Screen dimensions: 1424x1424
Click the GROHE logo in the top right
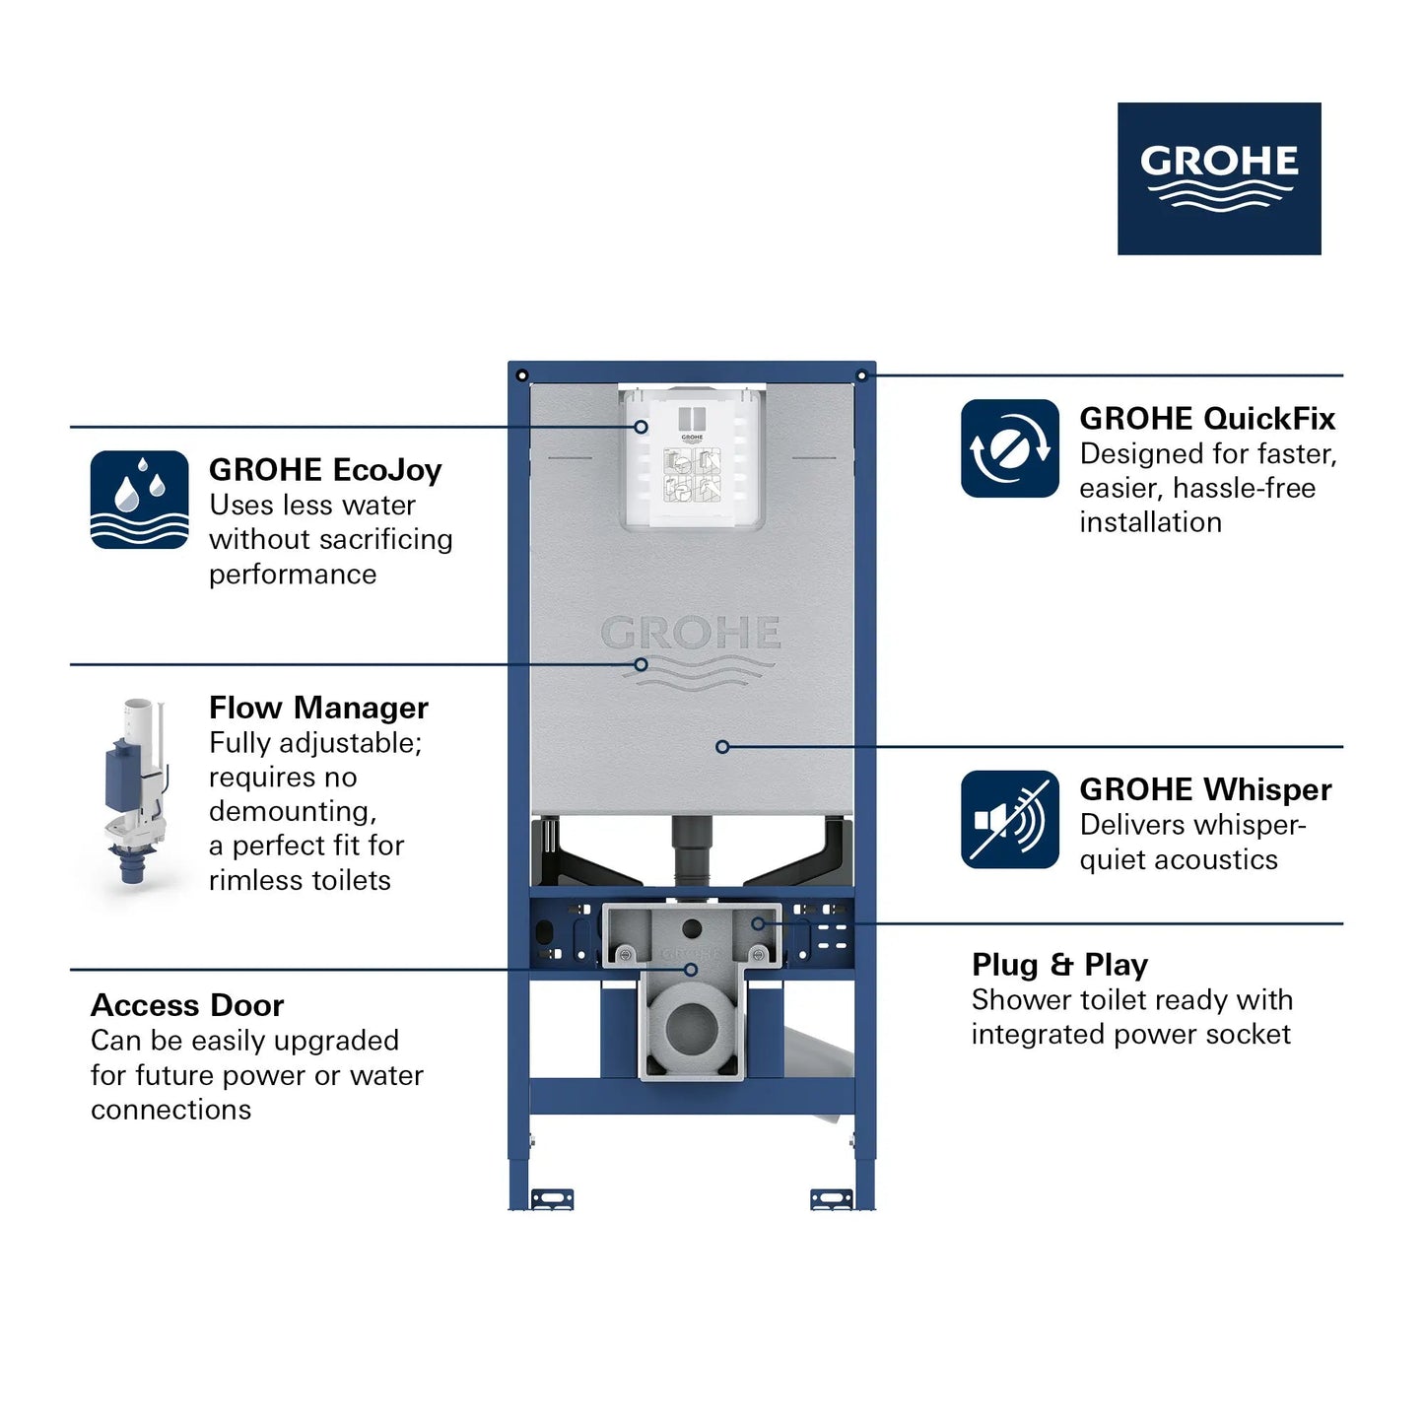click(x=1219, y=178)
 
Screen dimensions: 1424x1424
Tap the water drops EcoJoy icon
click(x=139, y=500)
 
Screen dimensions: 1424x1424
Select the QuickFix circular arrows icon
click(x=1010, y=448)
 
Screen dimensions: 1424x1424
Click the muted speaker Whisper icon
click(x=1010, y=820)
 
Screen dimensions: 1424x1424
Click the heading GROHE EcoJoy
click(x=325, y=470)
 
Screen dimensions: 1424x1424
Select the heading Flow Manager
click(x=318, y=708)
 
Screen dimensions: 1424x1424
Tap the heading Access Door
click(x=187, y=1005)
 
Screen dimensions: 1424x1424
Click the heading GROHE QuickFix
click(x=1207, y=419)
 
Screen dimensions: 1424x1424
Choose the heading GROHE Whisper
click(x=1205, y=789)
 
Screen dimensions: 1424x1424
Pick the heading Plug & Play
click(x=1059, y=964)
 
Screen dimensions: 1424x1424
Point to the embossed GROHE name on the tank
click(x=691, y=634)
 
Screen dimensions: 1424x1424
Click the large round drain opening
click(x=692, y=1028)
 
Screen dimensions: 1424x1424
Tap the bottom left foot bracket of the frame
click(x=552, y=1198)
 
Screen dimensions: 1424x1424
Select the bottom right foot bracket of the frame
click(x=832, y=1198)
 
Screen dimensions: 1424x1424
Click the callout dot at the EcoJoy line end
click(x=641, y=427)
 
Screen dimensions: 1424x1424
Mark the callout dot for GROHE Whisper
click(x=722, y=747)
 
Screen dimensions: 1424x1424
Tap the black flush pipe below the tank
click(x=691, y=849)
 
